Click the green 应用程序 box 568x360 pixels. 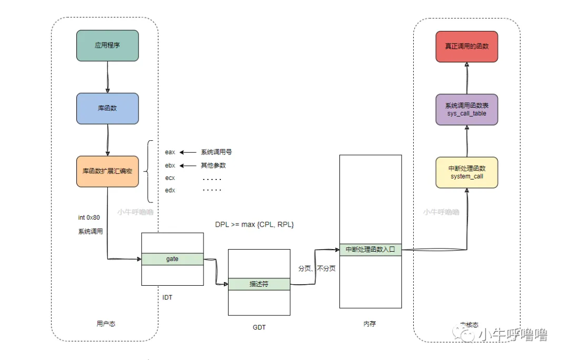point(107,46)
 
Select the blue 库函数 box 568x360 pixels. point(107,108)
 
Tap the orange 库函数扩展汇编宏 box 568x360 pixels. point(107,171)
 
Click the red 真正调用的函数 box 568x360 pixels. point(467,46)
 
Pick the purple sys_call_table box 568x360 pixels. point(467,109)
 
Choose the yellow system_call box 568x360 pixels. point(467,172)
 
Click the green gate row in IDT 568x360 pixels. point(172,259)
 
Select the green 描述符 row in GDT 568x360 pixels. point(259,284)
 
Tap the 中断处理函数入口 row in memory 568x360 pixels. point(370,250)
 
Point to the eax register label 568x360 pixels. point(170,152)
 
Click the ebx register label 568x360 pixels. point(170,165)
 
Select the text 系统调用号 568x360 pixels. point(216,152)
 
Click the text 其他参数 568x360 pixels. point(213,165)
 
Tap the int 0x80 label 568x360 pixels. point(89,217)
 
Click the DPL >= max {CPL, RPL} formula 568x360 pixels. point(255,224)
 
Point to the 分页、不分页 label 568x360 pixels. point(316,268)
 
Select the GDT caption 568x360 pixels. point(259,328)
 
